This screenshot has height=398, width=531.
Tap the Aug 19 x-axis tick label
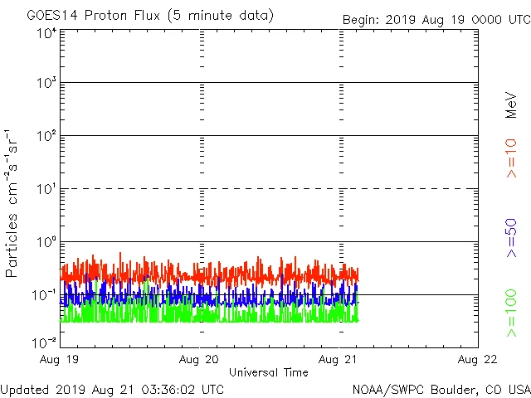(x=61, y=359)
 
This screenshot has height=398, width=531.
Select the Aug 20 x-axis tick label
(x=200, y=359)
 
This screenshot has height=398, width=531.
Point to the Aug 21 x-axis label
(x=339, y=359)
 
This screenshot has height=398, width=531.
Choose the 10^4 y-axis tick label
(x=46, y=33)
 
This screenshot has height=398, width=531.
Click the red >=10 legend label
(x=511, y=158)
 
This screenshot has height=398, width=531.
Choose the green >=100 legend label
(x=511, y=313)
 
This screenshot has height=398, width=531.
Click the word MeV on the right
(x=511, y=104)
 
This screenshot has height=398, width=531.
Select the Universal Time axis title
(x=269, y=372)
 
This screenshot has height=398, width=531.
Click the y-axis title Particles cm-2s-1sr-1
(x=13, y=203)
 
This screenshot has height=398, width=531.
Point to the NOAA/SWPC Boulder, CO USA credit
(x=441, y=388)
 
